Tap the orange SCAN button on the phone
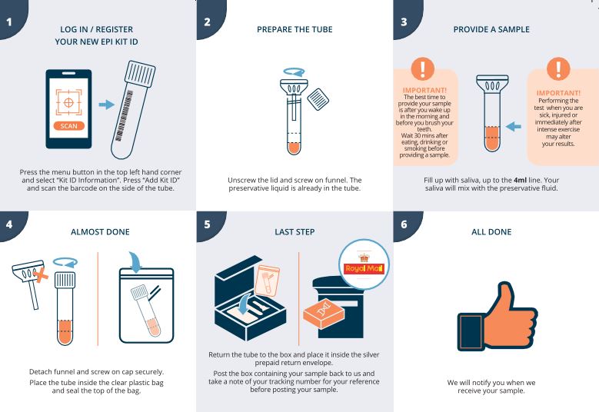click(x=68, y=126)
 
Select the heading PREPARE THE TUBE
click(x=295, y=29)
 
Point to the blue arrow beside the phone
click(x=106, y=105)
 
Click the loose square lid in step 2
click(x=318, y=99)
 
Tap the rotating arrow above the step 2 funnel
click(x=295, y=71)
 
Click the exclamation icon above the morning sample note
click(x=422, y=68)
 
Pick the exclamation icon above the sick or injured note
click(x=558, y=68)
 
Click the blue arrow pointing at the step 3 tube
click(x=513, y=126)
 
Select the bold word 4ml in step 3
click(x=520, y=180)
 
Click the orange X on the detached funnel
click(x=41, y=275)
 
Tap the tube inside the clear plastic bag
click(x=146, y=311)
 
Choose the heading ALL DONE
click(x=491, y=232)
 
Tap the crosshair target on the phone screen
click(x=68, y=102)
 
